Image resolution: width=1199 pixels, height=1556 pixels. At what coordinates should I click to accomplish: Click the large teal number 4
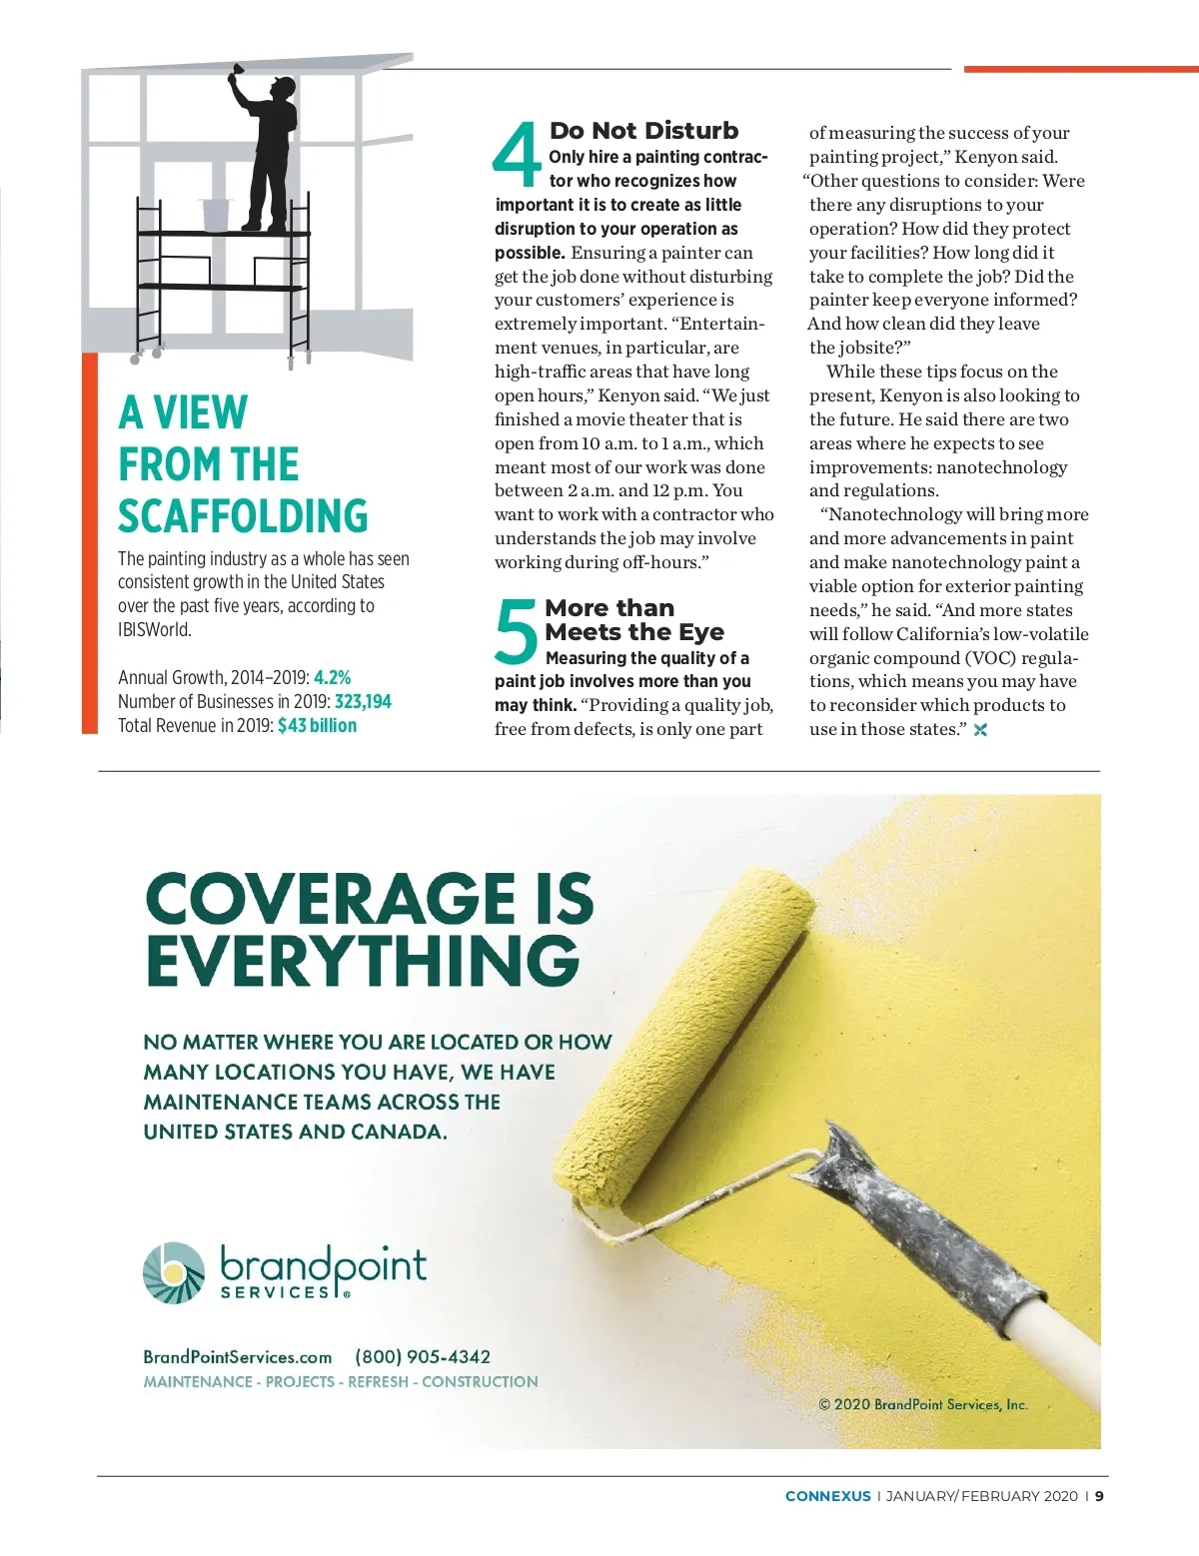(x=517, y=156)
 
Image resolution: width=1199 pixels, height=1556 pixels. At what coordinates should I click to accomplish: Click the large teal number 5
(x=517, y=631)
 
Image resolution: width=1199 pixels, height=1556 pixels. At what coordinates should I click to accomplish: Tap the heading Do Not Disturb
(x=643, y=131)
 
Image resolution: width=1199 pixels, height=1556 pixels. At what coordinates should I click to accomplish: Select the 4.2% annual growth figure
(x=332, y=677)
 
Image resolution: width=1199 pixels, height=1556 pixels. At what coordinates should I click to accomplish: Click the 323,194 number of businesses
(x=363, y=701)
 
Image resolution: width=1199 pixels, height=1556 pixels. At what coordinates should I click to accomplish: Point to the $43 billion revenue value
(x=317, y=726)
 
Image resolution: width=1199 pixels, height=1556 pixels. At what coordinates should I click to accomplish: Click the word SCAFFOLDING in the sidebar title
(x=243, y=516)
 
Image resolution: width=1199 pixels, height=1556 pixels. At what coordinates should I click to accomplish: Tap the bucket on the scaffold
(x=216, y=215)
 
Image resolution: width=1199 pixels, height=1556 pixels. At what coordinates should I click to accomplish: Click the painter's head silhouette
(x=284, y=89)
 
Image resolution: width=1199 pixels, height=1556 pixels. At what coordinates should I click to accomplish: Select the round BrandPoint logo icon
(x=174, y=1272)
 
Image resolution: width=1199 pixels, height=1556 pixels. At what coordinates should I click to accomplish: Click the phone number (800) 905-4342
(x=423, y=1356)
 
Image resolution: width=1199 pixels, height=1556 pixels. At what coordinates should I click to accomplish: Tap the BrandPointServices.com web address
(x=237, y=1357)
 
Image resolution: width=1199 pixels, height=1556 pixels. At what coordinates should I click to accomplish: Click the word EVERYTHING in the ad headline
(x=362, y=961)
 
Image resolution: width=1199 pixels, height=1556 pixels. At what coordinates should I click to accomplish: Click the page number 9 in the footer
(x=1099, y=1496)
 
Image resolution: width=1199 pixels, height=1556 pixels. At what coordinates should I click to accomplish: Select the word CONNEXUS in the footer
(x=827, y=1496)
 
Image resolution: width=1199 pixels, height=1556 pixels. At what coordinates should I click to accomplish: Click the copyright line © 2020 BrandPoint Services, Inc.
(x=923, y=1404)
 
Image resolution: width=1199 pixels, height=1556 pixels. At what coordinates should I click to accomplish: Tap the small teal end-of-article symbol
(x=980, y=730)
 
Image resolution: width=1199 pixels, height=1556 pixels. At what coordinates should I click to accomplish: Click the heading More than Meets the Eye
(x=634, y=620)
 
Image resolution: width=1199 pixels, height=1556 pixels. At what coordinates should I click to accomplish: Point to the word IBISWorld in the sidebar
(x=155, y=630)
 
